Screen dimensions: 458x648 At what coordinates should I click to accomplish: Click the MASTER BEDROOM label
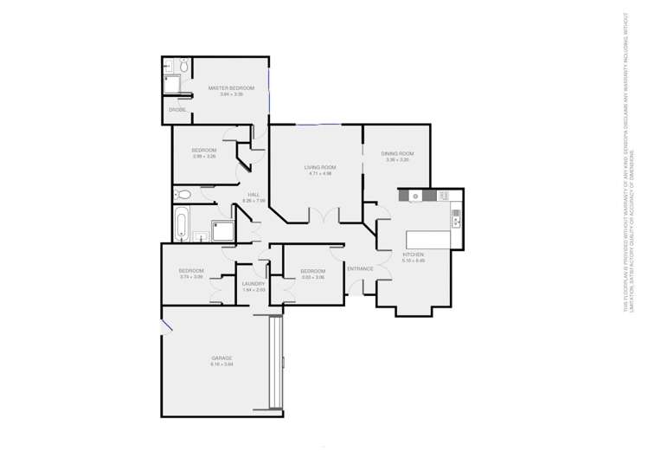225,87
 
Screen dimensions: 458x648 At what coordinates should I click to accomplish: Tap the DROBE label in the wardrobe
177,110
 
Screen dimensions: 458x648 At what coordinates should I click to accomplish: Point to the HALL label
253,195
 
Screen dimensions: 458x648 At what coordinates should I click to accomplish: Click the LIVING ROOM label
320,167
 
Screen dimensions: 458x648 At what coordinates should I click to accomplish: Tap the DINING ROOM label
397,154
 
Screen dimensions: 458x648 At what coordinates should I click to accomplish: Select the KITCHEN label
412,255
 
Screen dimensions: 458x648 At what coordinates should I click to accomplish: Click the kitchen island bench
427,239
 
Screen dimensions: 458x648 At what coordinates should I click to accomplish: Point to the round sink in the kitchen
415,197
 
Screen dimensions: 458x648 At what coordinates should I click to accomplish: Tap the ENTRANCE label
360,268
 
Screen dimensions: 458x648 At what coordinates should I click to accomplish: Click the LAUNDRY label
253,283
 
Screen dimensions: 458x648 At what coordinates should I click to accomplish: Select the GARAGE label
221,358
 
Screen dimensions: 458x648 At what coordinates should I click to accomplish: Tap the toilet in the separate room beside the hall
183,194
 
